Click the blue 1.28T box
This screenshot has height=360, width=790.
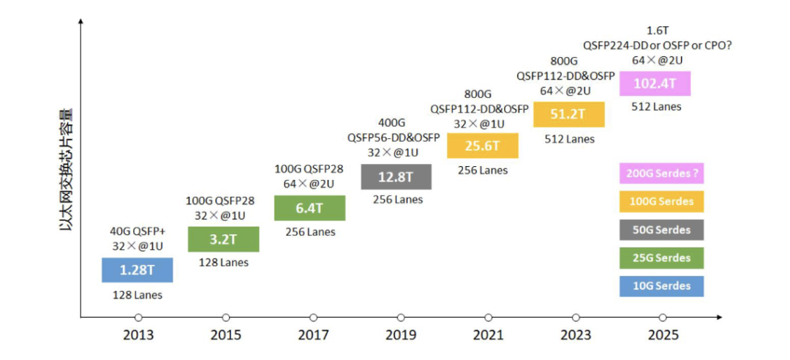coord(137,270)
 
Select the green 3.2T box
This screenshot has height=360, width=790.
coord(223,239)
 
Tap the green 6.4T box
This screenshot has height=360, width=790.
coord(309,208)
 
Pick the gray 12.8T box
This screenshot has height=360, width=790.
coord(396,176)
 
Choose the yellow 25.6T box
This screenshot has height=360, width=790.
coord(482,146)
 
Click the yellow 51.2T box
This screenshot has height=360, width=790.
coord(568,114)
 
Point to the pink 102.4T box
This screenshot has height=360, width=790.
coord(655,83)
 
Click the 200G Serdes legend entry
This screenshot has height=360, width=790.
coord(661,174)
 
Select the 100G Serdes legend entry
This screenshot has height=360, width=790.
coord(661,202)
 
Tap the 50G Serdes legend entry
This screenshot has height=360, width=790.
coord(661,230)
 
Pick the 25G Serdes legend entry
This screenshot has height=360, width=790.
coord(661,258)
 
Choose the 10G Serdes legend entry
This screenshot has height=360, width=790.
coord(661,285)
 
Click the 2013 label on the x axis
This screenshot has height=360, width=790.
coord(138,335)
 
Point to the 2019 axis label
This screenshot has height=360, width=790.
coord(401,335)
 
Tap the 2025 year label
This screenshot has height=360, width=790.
coord(663,335)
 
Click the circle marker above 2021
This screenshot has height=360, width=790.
coord(488,317)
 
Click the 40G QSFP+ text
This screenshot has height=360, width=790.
coord(137,232)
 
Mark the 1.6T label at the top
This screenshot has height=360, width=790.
coord(656,31)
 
